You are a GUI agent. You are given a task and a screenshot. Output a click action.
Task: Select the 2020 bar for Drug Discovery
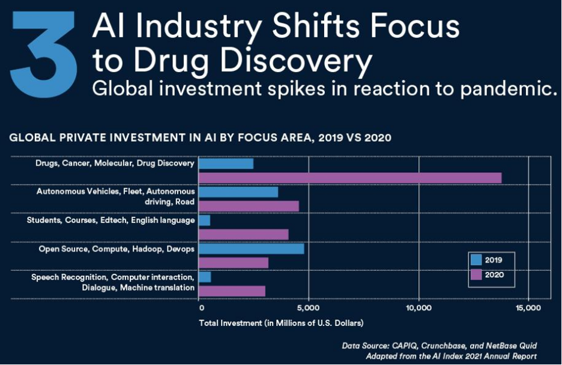click(349, 178)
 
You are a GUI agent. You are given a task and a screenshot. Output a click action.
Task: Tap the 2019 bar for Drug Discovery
click(226, 163)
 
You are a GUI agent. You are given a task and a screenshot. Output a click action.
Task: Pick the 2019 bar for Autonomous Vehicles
click(238, 192)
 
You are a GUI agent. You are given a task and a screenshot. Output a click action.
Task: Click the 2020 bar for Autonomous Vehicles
click(249, 207)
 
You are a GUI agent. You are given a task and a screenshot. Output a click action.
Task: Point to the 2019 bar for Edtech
click(204, 220)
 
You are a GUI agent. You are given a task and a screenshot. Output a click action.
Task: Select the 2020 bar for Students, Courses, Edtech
click(243, 234)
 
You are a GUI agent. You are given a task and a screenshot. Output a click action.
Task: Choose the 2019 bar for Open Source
click(251, 249)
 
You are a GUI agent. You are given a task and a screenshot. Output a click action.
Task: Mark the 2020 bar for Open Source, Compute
click(233, 263)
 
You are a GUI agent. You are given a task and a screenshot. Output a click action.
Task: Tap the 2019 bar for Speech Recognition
click(205, 277)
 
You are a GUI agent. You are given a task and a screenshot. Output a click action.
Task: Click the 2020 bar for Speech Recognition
click(232, 291)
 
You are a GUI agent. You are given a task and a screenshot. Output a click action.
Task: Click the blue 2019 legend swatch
click(477, 261)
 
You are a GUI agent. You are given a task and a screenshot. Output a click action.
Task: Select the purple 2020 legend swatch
click(477, 275)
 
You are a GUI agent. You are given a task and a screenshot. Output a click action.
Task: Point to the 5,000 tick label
click(308, 308)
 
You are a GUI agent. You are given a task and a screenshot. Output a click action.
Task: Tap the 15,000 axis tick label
click(528, 308)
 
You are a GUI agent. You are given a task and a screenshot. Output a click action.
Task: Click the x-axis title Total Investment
click(281, 323)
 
